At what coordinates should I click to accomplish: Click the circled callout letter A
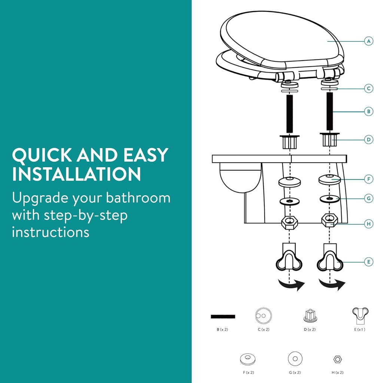[369, 41]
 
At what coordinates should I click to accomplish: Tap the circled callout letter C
[369, 88]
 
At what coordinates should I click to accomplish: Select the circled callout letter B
[369, 111]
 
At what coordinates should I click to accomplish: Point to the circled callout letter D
[369, 140]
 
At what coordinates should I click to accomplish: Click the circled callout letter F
[369, 179]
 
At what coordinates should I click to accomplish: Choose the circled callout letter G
[369, 198]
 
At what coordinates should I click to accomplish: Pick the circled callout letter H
[369, 224]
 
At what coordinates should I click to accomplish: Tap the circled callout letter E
[369, 262]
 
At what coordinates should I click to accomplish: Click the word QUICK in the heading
[42, 155]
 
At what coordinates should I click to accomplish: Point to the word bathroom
[138, 197]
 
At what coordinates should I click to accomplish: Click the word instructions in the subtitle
[51, 232]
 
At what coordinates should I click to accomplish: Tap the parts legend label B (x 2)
[222, 330]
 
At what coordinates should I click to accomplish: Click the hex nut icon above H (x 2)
[338, 359]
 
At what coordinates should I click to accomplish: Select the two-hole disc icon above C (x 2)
[264, 316]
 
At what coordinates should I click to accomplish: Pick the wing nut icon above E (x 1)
[360, 315]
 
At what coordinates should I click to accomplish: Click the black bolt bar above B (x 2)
[223, 316]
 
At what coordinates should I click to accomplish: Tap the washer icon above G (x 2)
[295, 359]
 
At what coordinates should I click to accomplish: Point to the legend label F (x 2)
[248, 373]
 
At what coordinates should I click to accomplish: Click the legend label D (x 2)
[310, 330]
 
